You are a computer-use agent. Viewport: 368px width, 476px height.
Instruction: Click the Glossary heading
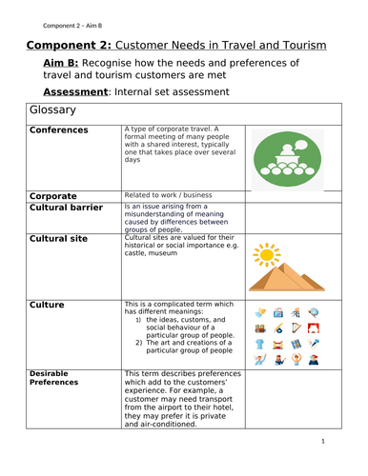click(x=54, y=111)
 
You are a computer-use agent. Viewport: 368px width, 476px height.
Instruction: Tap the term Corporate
click(x=53, y=196)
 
